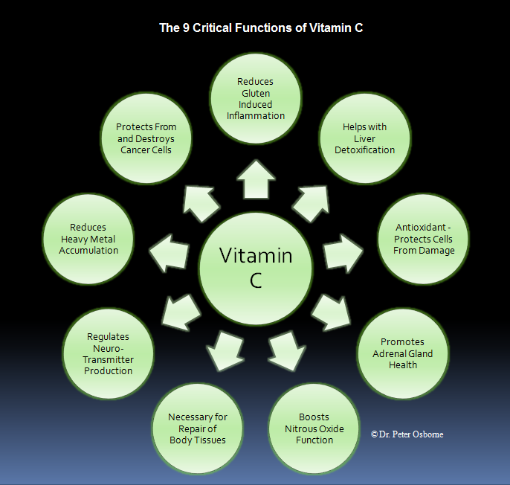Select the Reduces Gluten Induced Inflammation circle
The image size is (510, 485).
(255, 98)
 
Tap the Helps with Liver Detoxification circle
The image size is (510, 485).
(364, 138)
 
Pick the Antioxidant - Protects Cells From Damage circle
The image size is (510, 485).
(423, 239)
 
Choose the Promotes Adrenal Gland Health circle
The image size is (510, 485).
(402, 353)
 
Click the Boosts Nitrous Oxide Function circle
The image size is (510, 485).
(314, 428)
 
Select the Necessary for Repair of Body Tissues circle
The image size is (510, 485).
(197, 428)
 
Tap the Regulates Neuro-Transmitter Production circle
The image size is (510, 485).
(108, 354)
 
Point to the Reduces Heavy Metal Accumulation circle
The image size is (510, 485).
(88, 239)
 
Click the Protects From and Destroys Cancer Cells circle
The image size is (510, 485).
(146, 138)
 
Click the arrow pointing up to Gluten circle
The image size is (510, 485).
(255, 180)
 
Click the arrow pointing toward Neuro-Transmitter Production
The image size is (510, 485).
(178, 311)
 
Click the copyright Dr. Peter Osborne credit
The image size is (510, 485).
(407, 434)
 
